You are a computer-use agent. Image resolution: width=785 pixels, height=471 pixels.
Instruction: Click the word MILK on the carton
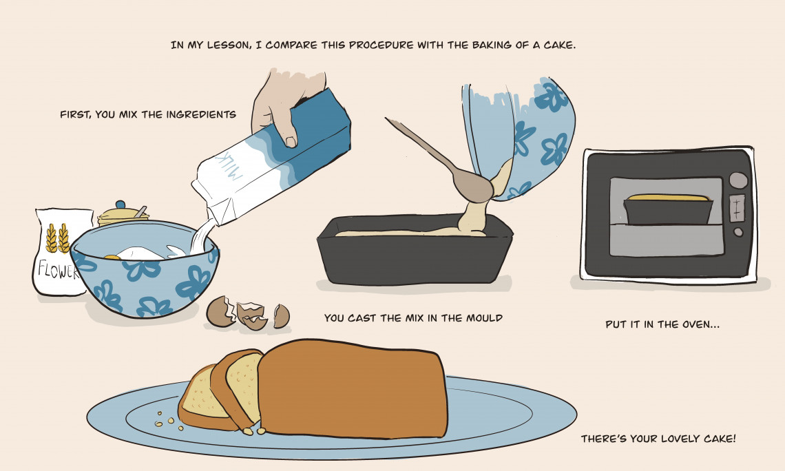[x=227, y=166]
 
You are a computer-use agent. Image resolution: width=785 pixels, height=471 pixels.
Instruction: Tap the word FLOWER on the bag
[x=58, y=270]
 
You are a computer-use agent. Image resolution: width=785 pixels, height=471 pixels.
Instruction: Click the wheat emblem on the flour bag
[x=58, y=238]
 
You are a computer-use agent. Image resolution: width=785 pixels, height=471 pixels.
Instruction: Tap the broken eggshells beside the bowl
[x=248, y=314]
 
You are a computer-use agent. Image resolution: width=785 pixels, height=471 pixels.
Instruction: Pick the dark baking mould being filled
[x=415, y=249]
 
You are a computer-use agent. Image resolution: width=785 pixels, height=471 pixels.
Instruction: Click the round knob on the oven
[x=738, y=180]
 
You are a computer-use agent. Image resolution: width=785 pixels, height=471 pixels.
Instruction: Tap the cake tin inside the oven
[x=669, y=209]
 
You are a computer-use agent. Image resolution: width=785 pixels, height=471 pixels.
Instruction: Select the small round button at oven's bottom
[x=738, y=232]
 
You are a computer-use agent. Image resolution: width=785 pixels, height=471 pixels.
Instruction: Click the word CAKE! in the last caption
[x=720, y=439]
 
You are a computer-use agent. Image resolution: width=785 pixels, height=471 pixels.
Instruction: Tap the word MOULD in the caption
[x=484, y=318]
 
